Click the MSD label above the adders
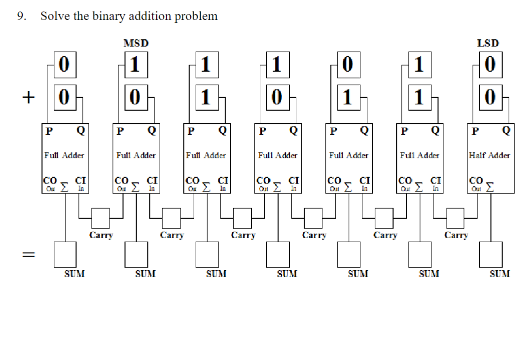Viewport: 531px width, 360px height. [136, 43]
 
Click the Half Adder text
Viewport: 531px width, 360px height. [490, 155]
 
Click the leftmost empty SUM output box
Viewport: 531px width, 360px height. [65, 253]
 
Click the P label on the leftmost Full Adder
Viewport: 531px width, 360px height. [48, 131]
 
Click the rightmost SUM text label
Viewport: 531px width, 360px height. [499, 274]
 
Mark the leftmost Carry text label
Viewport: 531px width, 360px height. [101, 235]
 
